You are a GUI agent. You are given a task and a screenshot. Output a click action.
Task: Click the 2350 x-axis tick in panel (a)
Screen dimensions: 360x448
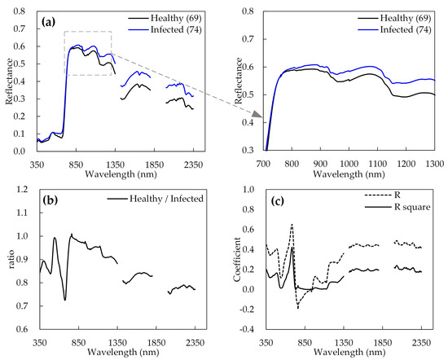[x=194, y=161]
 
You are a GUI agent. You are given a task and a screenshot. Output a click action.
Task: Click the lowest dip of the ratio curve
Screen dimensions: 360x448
[x=65, y=301]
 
